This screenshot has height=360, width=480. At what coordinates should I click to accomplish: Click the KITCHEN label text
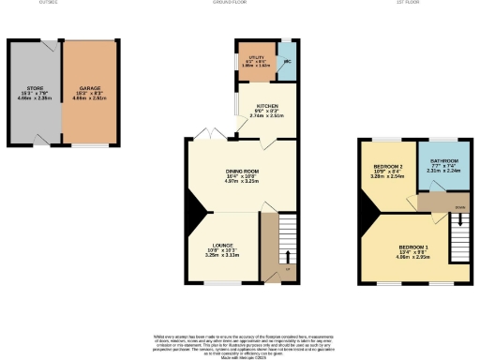point(263,109)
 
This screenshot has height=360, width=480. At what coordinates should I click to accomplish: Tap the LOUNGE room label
point(222,241)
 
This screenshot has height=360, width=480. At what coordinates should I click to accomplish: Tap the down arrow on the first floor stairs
point(458,223)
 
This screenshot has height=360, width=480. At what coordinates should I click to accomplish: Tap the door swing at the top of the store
point(43,45)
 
